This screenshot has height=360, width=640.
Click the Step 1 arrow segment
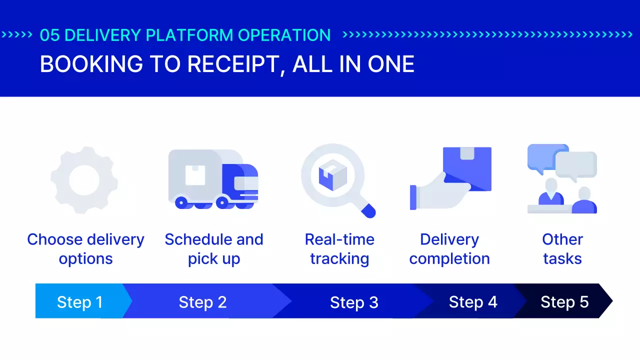(79, 301)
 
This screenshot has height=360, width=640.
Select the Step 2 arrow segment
(202, 301)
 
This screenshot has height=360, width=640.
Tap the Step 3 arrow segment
(354, 301)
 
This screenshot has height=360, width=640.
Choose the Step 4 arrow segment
(472, 301)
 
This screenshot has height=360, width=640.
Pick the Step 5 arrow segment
(564, 301)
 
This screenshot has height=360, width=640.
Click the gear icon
(84, 180)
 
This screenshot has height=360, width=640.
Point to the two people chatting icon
(562, 179)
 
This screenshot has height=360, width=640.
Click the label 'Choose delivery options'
(85, 249)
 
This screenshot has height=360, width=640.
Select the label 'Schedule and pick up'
(214, 249)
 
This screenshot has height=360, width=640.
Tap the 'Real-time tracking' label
(339, 249)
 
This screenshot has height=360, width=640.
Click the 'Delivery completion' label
(449, 249)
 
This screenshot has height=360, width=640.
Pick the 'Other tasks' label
(562, 249)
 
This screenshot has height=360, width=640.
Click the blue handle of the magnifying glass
(368, 210)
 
